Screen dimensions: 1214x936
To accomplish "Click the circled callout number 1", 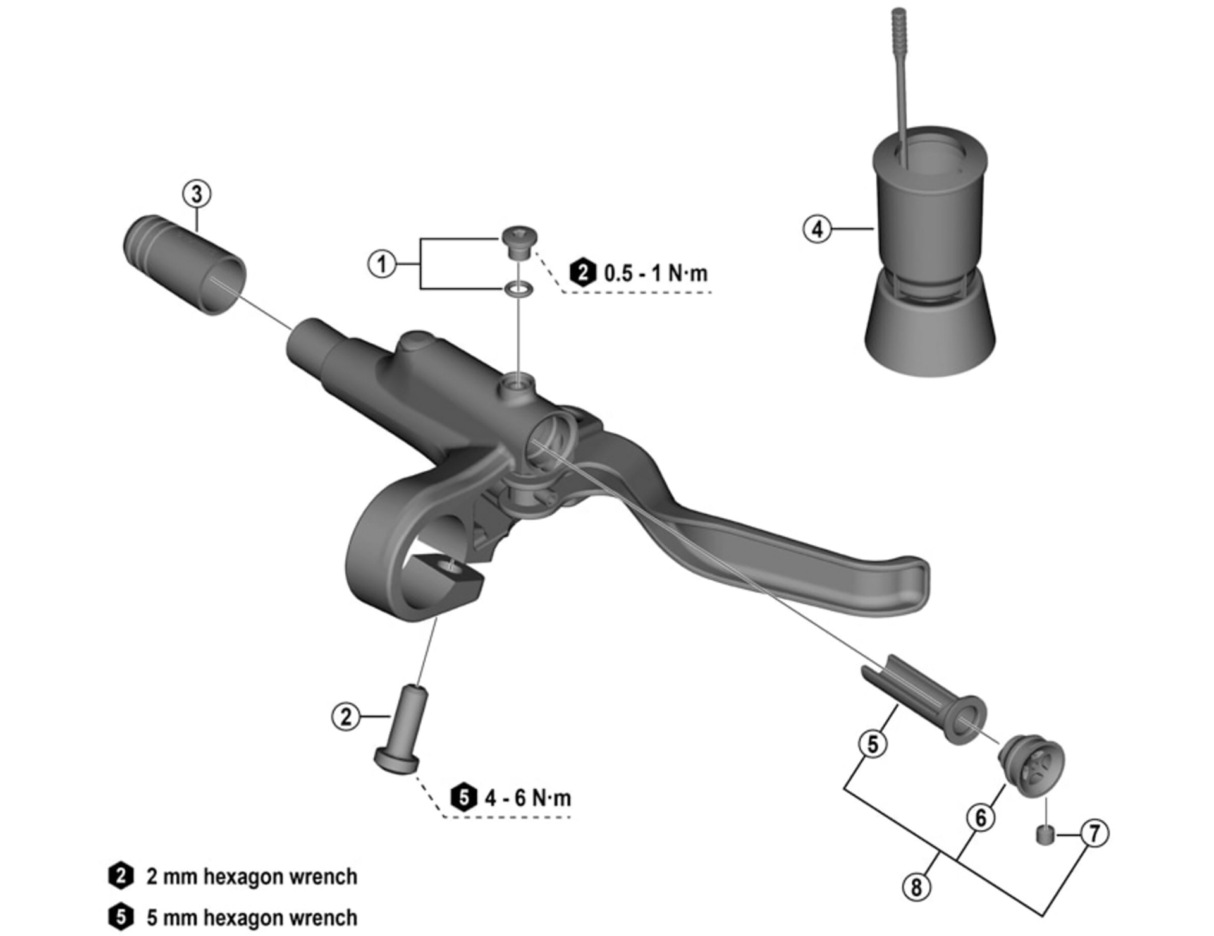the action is [x=382, y=264].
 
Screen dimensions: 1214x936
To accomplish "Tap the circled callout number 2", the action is [x=346, y=717].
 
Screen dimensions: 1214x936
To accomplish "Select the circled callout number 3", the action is [x=197, y=194].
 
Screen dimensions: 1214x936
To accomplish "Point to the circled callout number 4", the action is [x=817, y=229].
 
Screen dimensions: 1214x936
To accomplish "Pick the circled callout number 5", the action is [x=873, y=744].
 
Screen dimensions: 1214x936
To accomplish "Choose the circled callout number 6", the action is [x=981, y=818].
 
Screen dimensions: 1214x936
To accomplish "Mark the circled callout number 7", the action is [x=1094, y=833].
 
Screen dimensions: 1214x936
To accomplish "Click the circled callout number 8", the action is [x=916, y=887].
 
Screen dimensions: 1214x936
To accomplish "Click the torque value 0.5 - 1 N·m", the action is [x=656, y=274].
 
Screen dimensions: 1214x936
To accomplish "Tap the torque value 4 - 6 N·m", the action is [x=528, y=798].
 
